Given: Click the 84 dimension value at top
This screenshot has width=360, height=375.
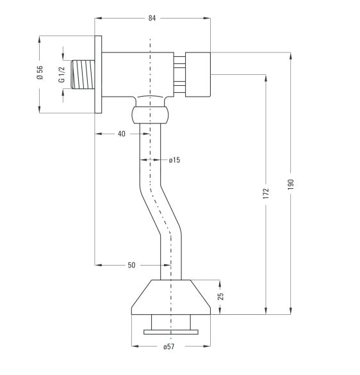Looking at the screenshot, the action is tap(152, 18).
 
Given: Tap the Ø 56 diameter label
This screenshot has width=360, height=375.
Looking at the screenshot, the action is tap(40, 72).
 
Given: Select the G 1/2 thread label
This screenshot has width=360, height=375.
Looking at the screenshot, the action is tap(61, 75).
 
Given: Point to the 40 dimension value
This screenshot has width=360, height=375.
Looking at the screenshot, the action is tap(121, 134).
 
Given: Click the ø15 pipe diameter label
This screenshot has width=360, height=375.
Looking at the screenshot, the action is tap(174, 160).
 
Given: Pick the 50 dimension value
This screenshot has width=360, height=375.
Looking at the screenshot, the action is tap(131, 265).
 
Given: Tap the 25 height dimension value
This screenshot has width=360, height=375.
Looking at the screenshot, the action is tap(221, 296).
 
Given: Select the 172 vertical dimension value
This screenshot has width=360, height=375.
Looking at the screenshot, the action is tap(266, 193).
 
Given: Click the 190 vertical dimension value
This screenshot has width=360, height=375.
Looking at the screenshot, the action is tap(290, 184).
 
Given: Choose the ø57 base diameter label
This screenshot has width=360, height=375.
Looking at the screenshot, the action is tap(169, 347).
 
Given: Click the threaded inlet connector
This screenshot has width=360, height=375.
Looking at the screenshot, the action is tap(83, 75).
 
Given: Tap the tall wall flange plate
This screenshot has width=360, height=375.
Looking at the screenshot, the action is tap(98, 74).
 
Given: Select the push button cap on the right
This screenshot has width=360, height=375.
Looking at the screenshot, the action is tap(198, 75).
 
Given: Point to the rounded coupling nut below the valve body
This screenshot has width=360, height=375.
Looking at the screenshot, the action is tap(150, 115).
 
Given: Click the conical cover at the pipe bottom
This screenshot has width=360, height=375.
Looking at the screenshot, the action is tap(171, 297).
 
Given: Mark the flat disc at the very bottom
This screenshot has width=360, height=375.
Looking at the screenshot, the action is tap(171, 332).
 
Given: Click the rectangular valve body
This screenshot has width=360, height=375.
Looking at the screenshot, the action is tap(138, 74).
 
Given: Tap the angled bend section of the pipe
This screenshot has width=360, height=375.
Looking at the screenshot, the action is tap(160, 211).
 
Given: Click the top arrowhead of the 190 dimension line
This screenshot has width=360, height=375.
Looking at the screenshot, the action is tap(291, 56).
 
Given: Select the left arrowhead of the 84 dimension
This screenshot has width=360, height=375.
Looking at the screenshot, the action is tap(99, 18).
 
